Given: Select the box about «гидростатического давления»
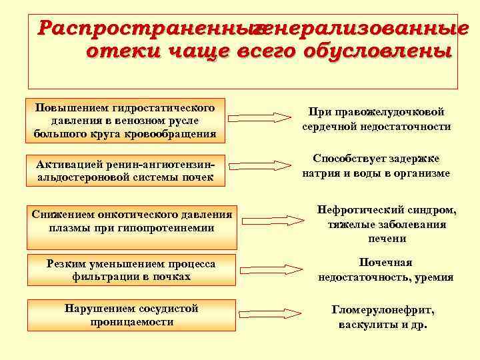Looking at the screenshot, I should click(x=125, y=121).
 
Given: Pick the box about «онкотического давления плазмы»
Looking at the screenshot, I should click(x=131, y=221).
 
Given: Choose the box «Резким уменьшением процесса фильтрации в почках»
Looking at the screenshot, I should click(x=131, y=270).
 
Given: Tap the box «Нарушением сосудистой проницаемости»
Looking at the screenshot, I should click(x=131, y=315).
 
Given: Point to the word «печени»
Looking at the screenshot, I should click(x=387, y=238).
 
